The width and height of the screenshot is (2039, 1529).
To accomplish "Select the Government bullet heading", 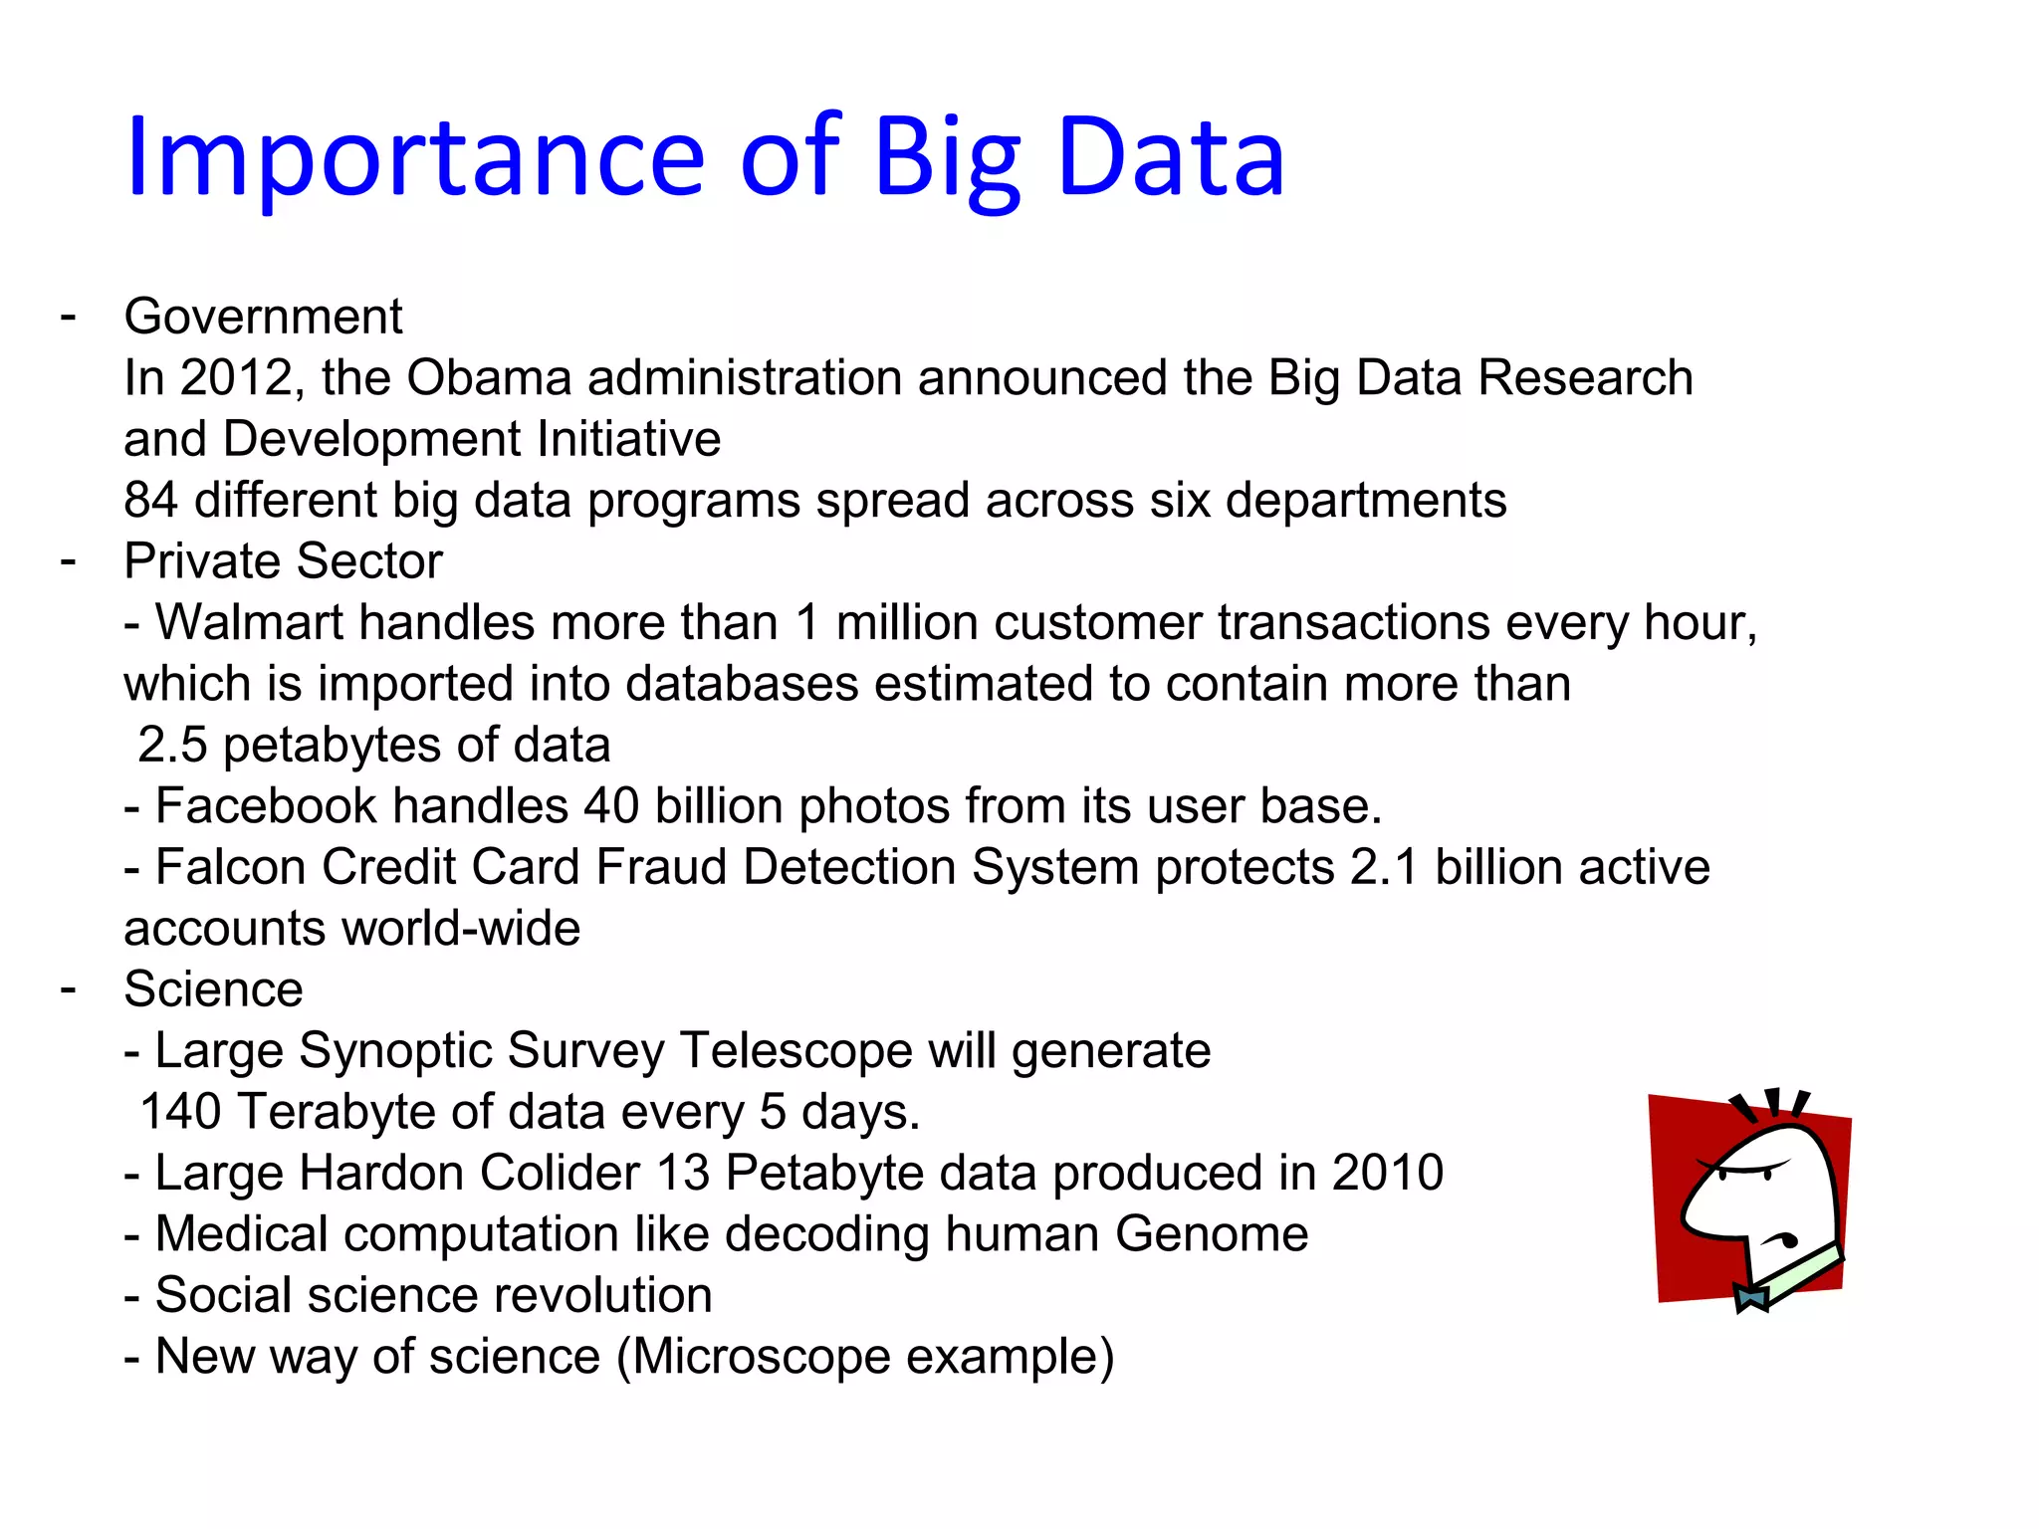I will click(x=263, y=317).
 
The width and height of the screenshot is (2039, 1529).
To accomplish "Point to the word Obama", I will click(x=489, y=378).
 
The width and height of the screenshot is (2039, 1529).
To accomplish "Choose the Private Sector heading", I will click(x=283, y=561).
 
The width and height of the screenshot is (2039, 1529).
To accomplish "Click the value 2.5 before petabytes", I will click(x=172, y=746).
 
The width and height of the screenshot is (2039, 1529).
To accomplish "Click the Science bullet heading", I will click(x=213, y=989).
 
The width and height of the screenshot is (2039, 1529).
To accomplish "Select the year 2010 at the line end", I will click(x=1388, y=1173).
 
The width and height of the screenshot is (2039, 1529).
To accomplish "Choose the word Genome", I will click(x=1211, y=1234).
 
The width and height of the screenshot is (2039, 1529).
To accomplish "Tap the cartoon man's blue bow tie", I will click(x=1750, y=1297).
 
